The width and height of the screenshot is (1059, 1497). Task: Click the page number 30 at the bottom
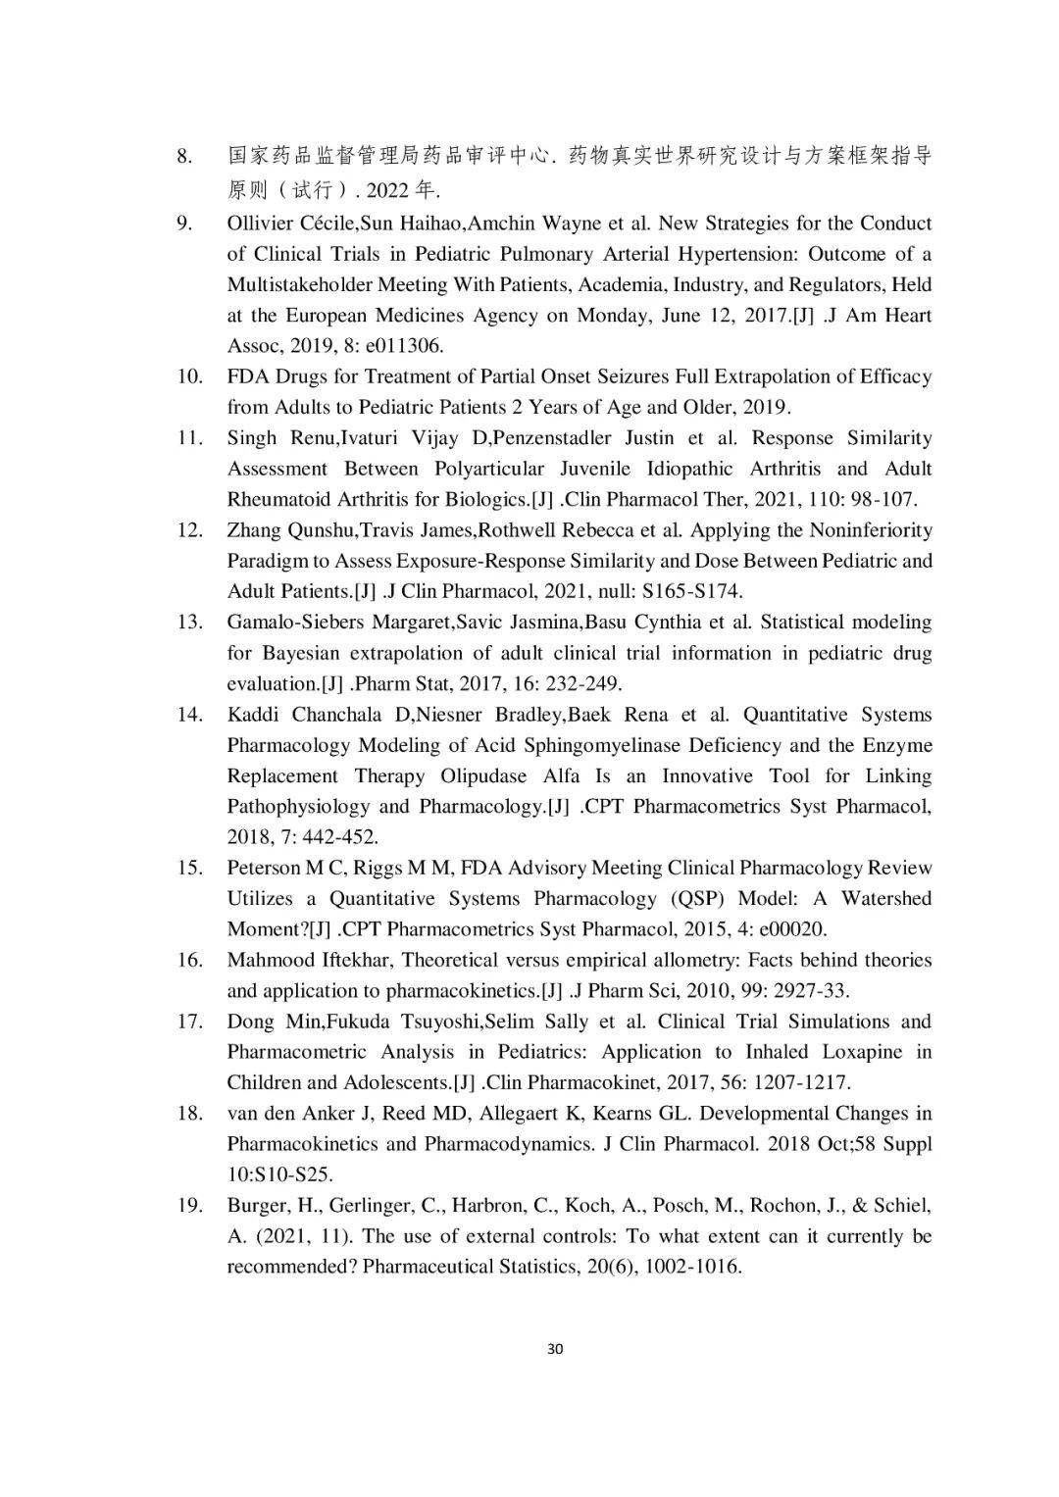tap(555, 1349)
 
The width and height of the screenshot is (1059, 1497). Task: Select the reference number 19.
tap(189, 1205)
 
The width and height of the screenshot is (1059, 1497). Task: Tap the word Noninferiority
tap(871, 530)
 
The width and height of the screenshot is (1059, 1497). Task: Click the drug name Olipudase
tap(479, 775)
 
